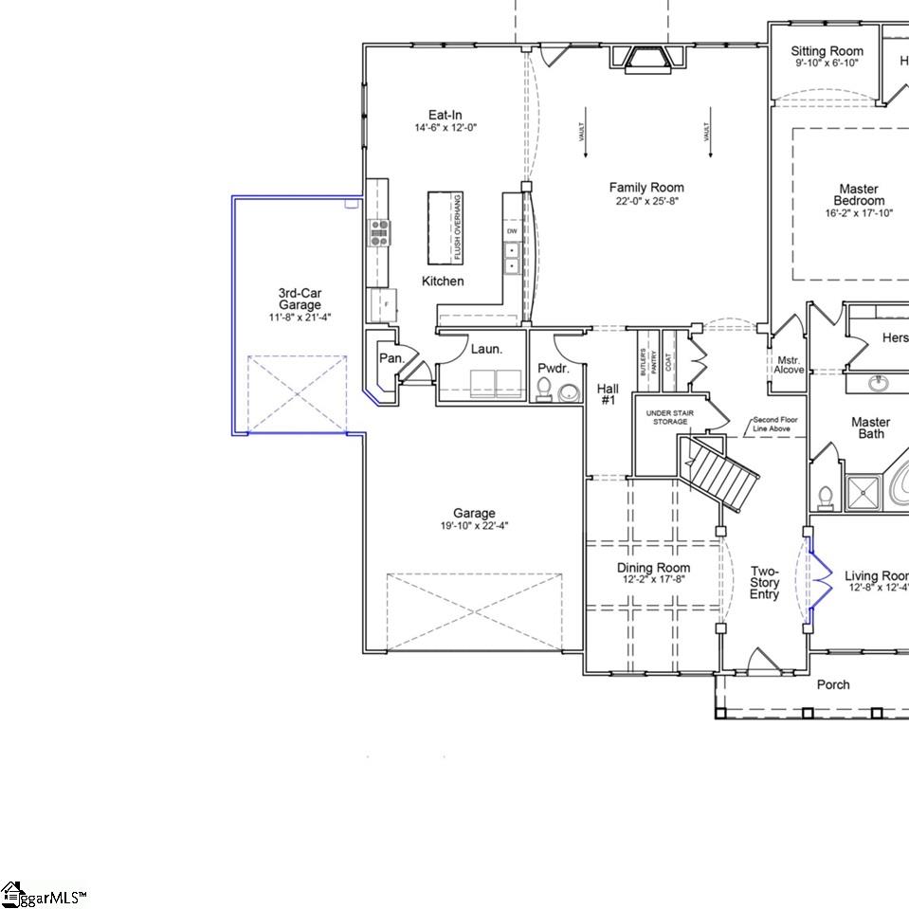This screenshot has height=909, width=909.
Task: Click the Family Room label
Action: (645, 188)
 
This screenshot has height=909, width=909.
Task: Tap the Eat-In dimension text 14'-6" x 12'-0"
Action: (445, 127)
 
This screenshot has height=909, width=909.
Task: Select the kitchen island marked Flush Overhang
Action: (445, 228)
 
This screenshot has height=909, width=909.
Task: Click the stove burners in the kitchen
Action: (379, 232)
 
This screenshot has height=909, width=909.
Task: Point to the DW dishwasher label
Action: (512, 231)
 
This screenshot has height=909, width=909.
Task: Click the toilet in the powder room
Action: (544, 390)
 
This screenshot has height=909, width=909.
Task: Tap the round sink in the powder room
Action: (569, 392)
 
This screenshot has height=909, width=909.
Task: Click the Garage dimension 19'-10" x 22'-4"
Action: (474, 526)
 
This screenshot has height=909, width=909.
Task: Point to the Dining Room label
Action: (653, 568)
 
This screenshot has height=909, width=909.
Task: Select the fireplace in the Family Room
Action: (646, 59)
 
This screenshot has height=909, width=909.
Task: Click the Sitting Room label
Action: (827, 51)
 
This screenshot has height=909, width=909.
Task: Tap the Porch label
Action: (833, 684)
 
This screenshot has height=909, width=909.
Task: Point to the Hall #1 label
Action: (608, 394)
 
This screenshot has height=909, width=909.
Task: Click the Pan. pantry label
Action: (391, 358)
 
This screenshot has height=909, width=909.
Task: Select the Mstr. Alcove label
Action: (789, 364)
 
